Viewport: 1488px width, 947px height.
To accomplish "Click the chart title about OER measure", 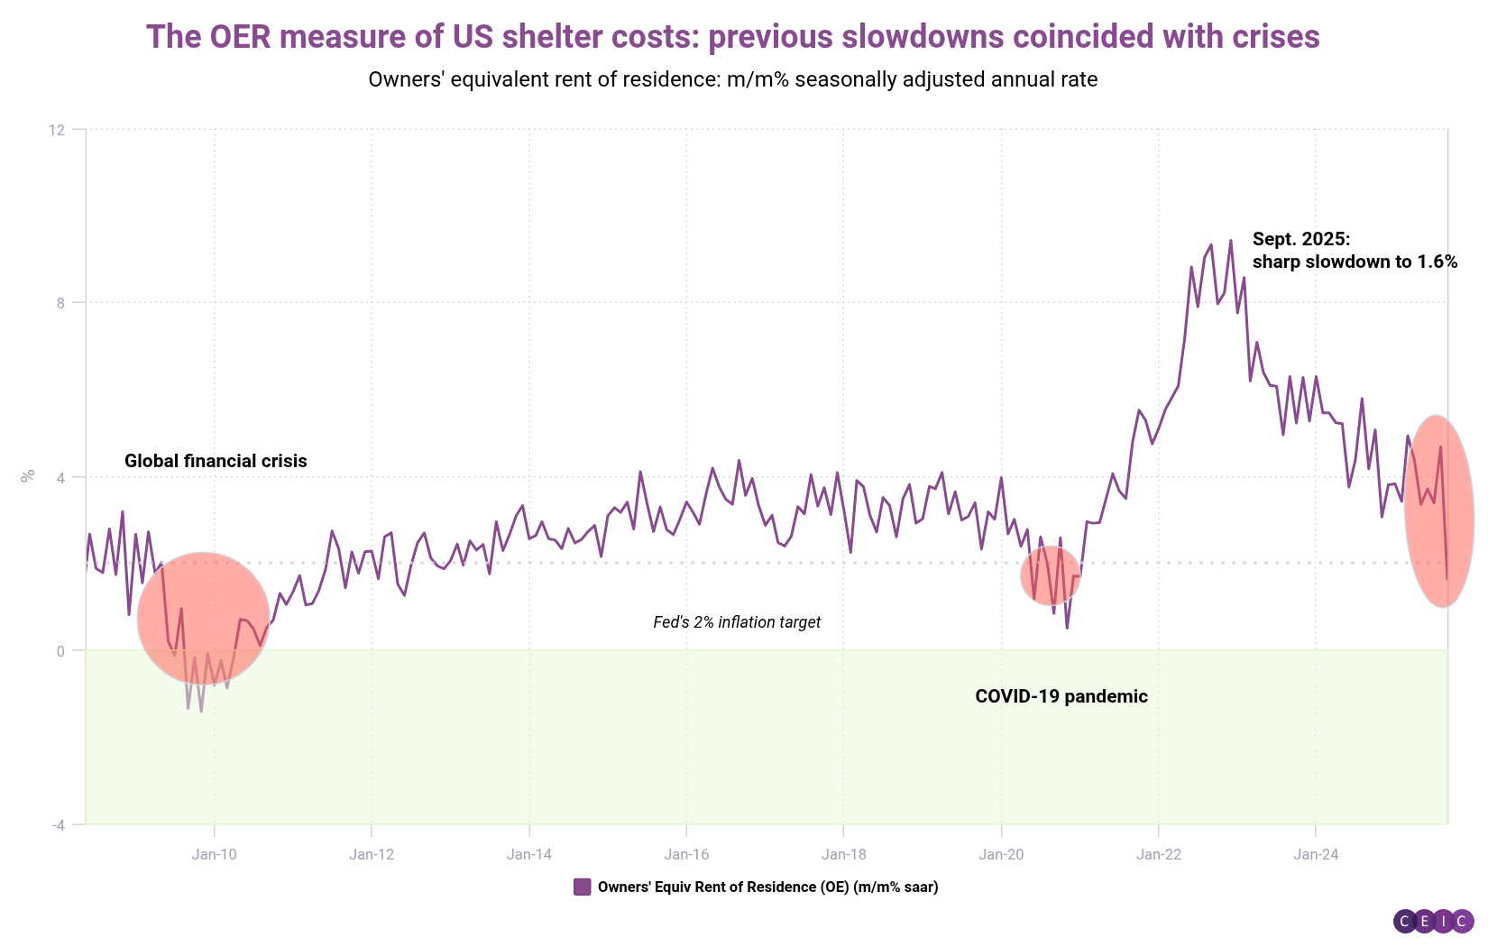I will point(732,37).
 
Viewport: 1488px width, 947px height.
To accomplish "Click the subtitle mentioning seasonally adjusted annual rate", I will point(732,79).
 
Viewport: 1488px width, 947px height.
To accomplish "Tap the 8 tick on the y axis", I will point(61,303).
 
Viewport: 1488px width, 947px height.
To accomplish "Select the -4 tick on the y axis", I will point(59,824).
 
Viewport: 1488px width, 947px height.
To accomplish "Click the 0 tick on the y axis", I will point(61,650).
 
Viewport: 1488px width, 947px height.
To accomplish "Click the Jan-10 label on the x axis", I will point(215,854).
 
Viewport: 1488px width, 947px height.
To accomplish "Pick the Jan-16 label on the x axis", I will point(686,854).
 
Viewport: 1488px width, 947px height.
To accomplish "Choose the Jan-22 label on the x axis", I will point(1159,854).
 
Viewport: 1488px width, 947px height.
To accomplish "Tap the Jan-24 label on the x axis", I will point(1316,854).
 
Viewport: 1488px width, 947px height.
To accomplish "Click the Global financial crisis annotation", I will point(216,461).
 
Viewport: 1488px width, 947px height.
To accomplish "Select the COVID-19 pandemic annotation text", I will point(1061,696).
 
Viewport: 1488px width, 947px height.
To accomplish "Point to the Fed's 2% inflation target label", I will point(737,622).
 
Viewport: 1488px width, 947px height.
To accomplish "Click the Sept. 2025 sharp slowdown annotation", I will point(1355,251).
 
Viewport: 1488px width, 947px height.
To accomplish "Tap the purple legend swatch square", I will point(583,887).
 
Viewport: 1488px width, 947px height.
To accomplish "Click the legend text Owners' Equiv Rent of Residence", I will point(767,887).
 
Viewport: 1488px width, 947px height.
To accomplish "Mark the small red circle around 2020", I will point(1051,575).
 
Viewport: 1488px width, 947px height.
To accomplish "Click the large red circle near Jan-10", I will point(203,619).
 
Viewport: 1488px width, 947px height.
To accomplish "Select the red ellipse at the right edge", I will point(1439,511).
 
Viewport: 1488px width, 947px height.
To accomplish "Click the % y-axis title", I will point(28,475).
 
